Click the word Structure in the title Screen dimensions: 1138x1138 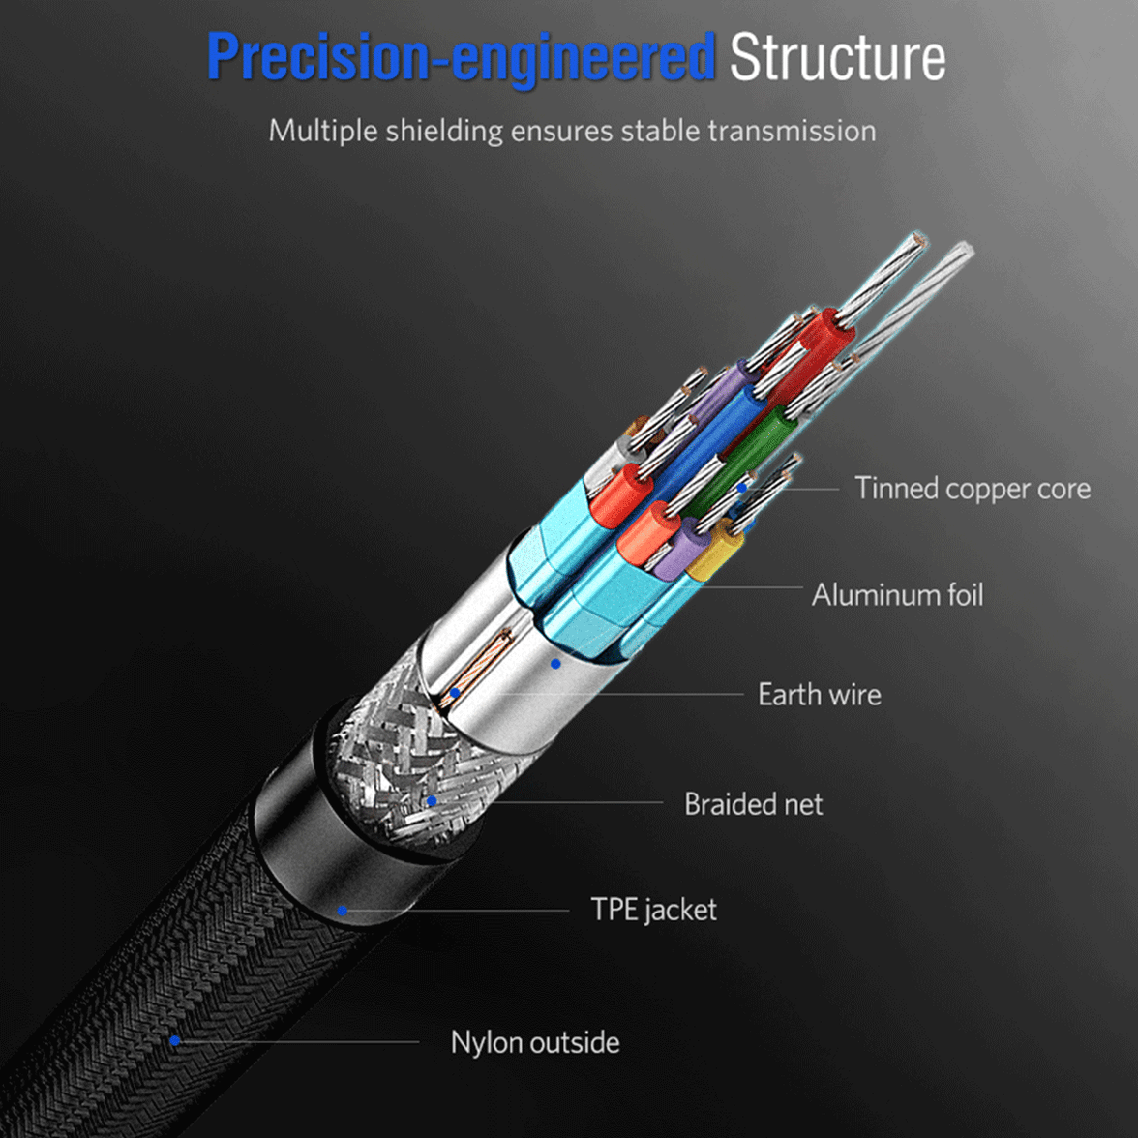pyautogui.click(x=837, y=58)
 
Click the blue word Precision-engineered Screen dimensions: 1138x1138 pyautogui.click(x=461, y=58)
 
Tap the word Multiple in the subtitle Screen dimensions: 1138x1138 pyautogui.click(x=323, y=131)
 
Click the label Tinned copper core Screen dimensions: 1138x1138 pyautogui.click(x=972, y=489)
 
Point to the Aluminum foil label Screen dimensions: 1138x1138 pyautogui.click(x=897, y=594)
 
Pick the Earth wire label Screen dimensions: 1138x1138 pyautogui.click(x=819, y=695)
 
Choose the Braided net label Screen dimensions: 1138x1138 pyautogui.click(x=753, y=804)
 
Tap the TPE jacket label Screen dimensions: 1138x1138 pyautogui.click(x=653, y=910)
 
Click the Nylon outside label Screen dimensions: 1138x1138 pyautogui.click(x=535, y=1042)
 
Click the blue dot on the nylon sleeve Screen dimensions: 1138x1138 pyautogui.click(x=175, y=1041)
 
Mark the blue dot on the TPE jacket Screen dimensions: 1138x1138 pyautogui.click(x=343, y=911)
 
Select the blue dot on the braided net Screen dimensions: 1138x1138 pyautogui.click(x=432, y=801)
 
